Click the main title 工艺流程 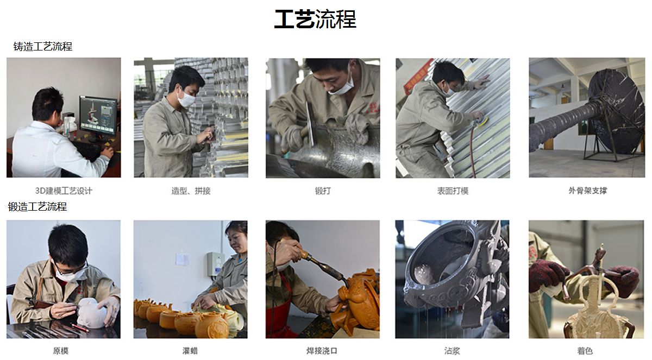coord(315,19)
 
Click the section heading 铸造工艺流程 coord(43,47)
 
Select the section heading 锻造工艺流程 coord(37,207)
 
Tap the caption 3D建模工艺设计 coord(64,191)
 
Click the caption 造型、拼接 coord(191,191)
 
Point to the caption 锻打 coord(323,191)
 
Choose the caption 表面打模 coord(453,191)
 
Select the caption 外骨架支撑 coord(588,191)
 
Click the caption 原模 coord(61,351)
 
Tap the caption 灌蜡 coord(190,351)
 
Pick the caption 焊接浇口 coord(322,351)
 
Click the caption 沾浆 coord(452,351)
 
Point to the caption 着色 coord(585,351)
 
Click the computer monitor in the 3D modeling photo coord(98,116)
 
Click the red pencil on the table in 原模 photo coord(80,328)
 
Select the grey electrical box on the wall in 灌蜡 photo coord(215,264)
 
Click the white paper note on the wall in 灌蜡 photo coord(182,259)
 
